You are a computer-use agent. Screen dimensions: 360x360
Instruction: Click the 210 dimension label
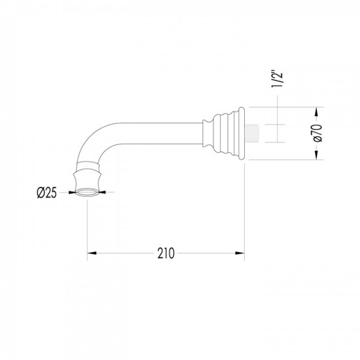[166, 253]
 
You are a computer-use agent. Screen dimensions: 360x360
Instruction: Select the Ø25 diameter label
[47, 192]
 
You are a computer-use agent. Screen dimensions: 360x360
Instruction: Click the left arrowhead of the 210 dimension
[91, 253]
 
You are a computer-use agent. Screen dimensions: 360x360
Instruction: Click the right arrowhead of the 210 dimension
[240, 253]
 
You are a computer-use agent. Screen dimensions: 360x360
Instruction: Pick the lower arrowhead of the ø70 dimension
[317, 155]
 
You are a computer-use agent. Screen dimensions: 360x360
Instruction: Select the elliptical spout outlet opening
[87, 192]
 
